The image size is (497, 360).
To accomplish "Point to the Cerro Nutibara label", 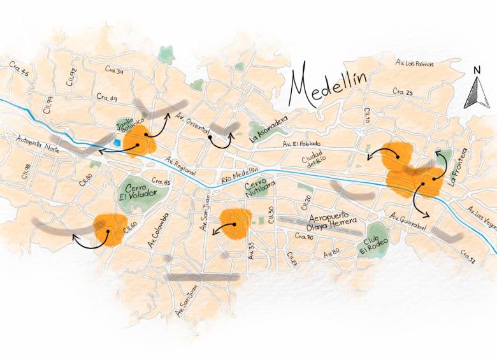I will (x=257, y=187).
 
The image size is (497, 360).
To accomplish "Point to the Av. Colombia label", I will (x=155, y=232).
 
